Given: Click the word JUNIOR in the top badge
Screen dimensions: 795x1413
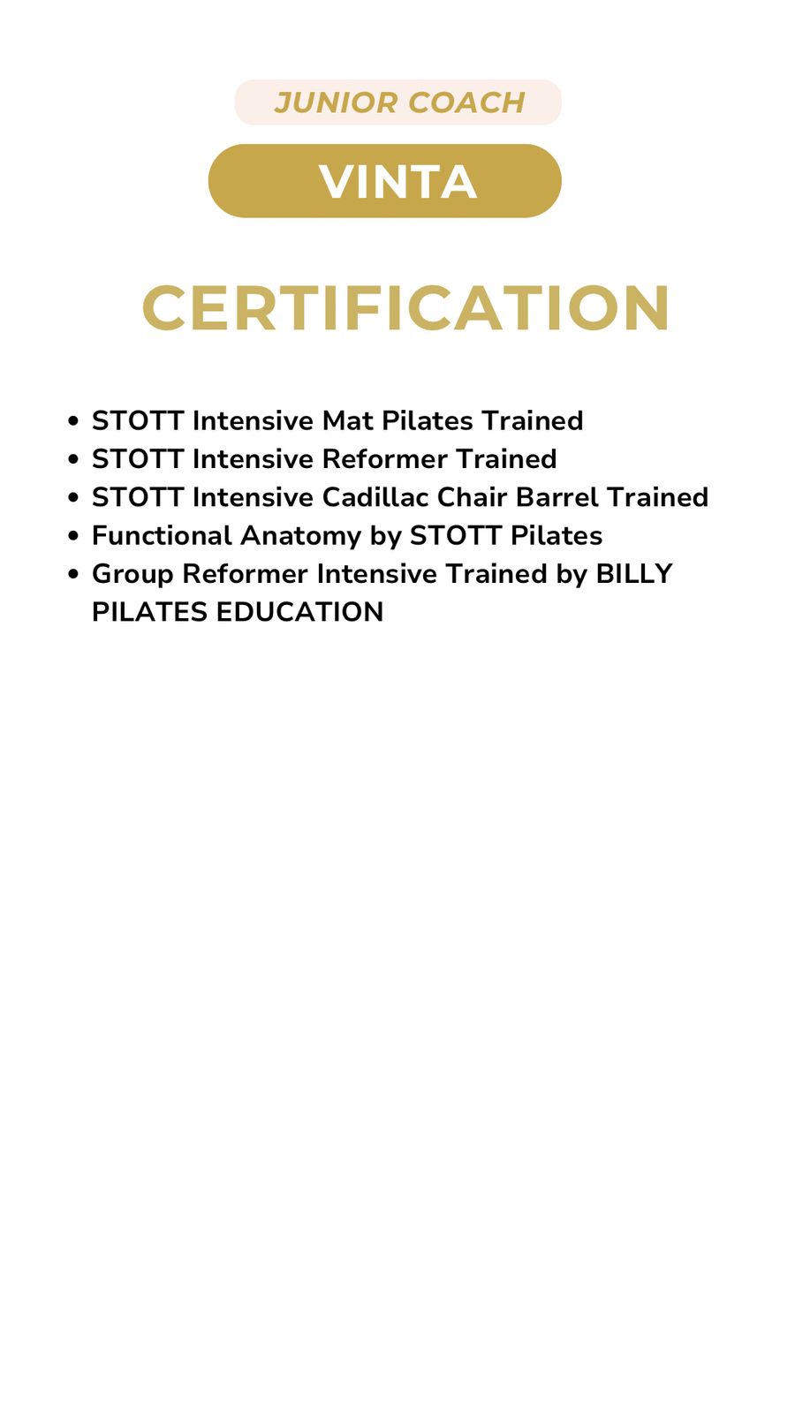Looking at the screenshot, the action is [x=337, y=102].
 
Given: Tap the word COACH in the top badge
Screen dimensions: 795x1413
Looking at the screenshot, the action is [x=467, y=102].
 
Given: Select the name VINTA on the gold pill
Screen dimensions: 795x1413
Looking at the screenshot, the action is [x=398, y=182].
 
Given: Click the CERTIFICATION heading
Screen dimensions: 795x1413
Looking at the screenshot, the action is [x=405, y=307].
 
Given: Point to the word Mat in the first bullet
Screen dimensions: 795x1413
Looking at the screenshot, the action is [x=348, y=420].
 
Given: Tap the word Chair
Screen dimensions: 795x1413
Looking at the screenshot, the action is [x=473, y=497].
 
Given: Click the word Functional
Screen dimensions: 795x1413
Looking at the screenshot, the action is [x=163, y=535].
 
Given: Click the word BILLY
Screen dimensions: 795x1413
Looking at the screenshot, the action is [x=634, y=574].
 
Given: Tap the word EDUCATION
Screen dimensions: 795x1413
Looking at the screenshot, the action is [x=299, y=612].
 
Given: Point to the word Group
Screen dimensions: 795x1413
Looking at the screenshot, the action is [x=132, y=575].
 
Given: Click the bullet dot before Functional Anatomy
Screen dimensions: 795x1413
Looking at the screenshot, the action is [x=73, y=536].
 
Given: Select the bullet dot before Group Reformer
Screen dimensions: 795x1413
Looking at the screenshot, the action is [x=73, y=575].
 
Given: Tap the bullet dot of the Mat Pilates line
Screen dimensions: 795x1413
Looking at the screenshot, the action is [x=73, y=421].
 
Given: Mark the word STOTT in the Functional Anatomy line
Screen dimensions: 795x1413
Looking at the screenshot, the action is [x=456, y=535].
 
